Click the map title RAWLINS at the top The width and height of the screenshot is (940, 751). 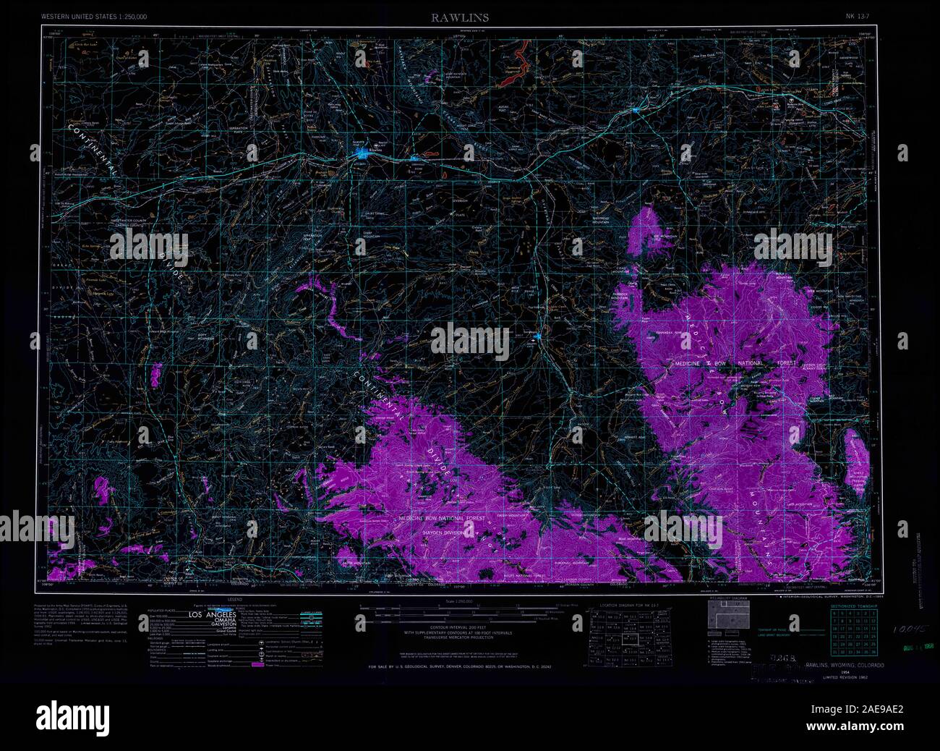point(450,17)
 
